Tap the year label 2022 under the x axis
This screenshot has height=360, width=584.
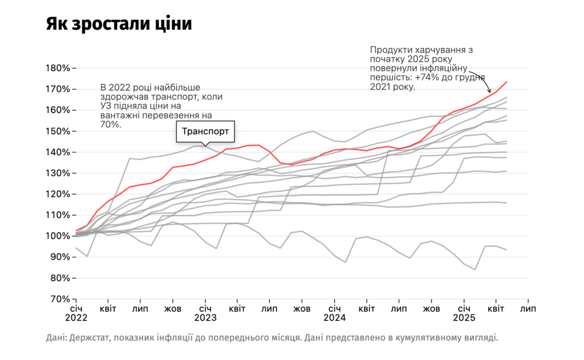(75, 317)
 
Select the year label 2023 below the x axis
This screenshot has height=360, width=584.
(205, 317)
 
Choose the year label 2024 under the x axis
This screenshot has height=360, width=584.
(334, 317)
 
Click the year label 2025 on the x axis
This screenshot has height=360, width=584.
(464, 317)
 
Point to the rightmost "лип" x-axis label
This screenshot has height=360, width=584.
(528, 309)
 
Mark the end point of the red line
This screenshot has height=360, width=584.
(506, 82)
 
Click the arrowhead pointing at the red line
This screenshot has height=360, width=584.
(489, 92)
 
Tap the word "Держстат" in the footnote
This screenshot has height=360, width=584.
(90, 338)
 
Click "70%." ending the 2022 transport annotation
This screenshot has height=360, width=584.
(113, 124)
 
